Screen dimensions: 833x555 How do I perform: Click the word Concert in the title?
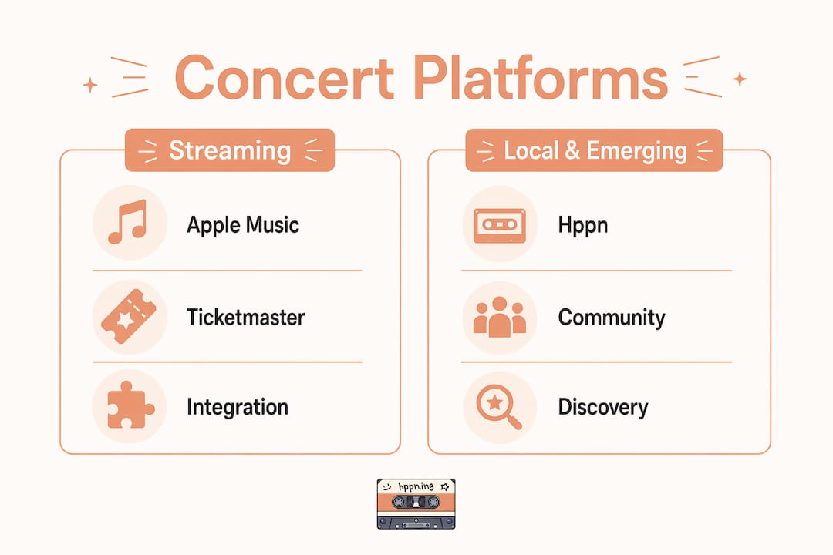click(x=285, y=78)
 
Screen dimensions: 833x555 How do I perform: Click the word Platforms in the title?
click(x=540, y=78)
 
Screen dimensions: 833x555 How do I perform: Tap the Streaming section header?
click(x=230, y=150)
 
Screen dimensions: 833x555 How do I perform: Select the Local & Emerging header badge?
click(x=594, y=150)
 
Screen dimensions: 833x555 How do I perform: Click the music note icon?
click(x=127, y=222)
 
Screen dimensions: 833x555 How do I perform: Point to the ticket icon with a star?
click(x=129, y=317)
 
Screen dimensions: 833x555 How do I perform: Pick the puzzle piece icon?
click(x=130, y=405)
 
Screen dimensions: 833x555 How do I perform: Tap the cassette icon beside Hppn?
click(x=499, y=225)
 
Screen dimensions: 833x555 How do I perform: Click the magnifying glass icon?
click(x=498, y=406)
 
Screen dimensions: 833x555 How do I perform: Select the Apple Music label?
click(x=243, y=225)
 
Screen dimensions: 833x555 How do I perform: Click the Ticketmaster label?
click(x=245, y=317)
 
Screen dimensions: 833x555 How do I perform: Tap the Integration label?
click(x=238, y=407)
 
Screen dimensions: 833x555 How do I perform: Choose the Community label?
click(x=612, y=318)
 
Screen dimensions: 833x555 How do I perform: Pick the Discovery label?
click(x=603, y=407)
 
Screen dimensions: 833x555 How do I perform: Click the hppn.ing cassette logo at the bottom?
click(x=416, y=504)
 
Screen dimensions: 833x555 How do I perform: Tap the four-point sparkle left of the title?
click(x=90, y=85)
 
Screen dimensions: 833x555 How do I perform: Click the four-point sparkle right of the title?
click(x=740, y=79)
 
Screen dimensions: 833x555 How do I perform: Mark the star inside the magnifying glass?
click(x=494, y=402)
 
